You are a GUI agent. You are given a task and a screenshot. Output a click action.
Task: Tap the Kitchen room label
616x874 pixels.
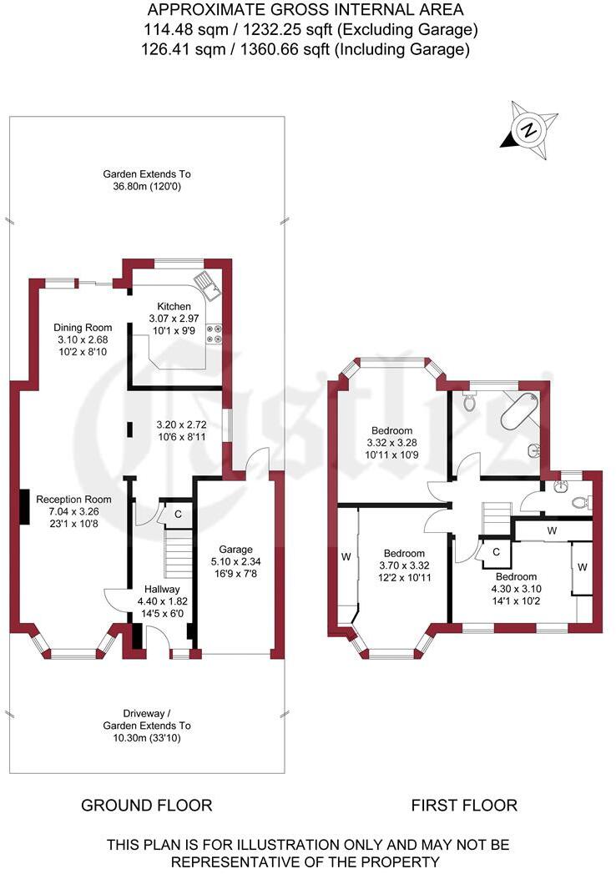169,307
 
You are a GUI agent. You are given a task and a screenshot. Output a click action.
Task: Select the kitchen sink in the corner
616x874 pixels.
206,286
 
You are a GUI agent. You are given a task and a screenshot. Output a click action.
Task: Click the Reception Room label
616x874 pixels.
73,499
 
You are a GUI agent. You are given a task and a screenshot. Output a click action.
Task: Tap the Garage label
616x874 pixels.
235,550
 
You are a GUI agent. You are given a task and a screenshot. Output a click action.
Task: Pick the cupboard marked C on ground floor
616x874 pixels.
178,515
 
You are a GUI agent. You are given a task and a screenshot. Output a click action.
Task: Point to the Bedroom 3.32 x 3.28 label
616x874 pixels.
391,431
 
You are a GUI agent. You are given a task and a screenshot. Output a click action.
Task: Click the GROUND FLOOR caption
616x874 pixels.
146,805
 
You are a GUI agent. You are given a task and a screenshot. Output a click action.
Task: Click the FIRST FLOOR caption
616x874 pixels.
464,805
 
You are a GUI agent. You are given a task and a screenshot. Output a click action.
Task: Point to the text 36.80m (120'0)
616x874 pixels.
147,187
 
